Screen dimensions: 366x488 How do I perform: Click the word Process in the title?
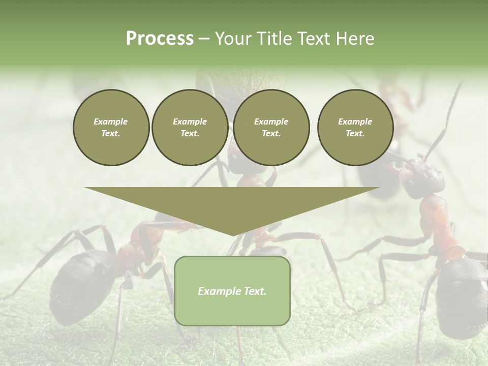(x=160, y=39)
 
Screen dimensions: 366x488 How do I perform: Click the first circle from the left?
(x=111, y=128)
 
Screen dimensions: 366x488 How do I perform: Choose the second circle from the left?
(x=190, y=128)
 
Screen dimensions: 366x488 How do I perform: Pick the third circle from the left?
(x=271, y=128)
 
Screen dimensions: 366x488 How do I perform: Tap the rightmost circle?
(x=355, y=128)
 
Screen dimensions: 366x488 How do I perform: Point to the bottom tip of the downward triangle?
(x=232, y=235)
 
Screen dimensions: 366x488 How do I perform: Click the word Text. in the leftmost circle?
(x=111, y=134)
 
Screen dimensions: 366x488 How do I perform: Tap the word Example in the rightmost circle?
(x=355, y=121)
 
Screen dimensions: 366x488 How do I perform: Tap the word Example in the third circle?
(x=271, y=121)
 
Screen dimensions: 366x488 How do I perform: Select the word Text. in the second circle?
(x=190, y=134)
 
